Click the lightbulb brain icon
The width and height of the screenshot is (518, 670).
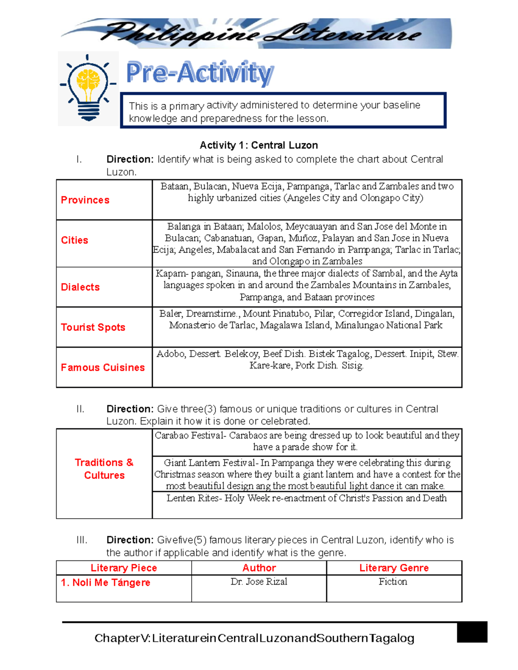click(88, 88)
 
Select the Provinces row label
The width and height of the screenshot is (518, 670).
click(85, 200)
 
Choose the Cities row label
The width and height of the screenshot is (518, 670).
click(75, 240)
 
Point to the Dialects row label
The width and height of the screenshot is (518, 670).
click(80, 287)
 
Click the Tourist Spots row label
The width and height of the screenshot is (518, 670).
click(93, 327)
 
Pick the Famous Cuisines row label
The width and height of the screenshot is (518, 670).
click(103, 368)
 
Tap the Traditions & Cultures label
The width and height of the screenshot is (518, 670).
click(104, 469)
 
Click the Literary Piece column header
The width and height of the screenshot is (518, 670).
click(124, 568)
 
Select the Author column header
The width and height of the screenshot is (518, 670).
click(259, 568)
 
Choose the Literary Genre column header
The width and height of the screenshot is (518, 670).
click(394, 568)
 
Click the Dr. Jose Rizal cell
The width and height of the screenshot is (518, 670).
click(259, 582)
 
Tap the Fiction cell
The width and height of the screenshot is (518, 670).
click(393, 582)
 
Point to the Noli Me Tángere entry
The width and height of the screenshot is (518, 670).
click(106, 583)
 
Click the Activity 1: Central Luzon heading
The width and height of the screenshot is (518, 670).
click(259, 145)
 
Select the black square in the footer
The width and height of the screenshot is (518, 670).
click(472, 632)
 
